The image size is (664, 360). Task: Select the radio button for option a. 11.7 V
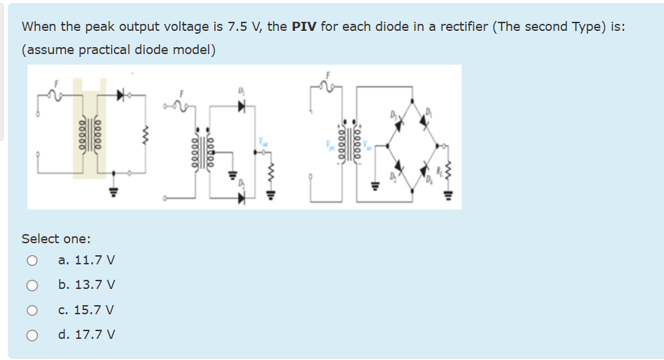point(32,261)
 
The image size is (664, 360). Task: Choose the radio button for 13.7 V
point(32,285)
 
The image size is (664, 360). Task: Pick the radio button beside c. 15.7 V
point(32,310)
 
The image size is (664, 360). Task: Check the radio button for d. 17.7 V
point(32,335)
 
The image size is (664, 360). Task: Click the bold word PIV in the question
point(304,27)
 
